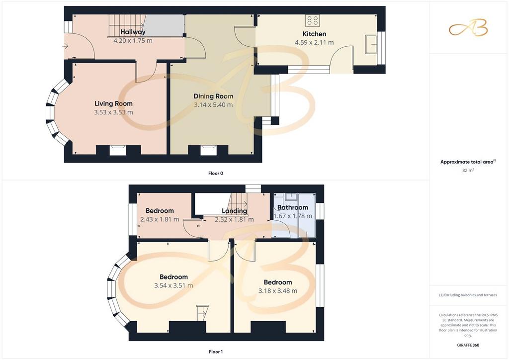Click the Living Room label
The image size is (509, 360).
(113, 103)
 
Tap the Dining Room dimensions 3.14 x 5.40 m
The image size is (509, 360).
(213, 105)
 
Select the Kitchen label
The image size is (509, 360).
(314, 34)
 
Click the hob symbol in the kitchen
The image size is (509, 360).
(312, 20)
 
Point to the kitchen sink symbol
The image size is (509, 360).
(371, 44)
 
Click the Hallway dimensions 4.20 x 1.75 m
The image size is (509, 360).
(133, 41)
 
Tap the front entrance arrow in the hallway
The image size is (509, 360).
(65, 46)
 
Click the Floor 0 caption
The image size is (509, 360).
(216, 174)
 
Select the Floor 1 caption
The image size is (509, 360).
(216, 352)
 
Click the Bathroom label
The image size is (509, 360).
(292, 207)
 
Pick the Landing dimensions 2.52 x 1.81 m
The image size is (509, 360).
(234, 219)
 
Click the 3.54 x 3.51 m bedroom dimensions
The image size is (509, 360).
(173, 285)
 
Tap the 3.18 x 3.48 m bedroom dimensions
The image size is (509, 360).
(277, 291)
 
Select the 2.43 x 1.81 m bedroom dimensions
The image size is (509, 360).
(160, 219)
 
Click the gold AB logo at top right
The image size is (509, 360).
(468, 28)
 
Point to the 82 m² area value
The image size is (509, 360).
(468, 170)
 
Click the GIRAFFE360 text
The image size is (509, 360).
(468, 345)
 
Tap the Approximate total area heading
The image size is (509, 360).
(468, 162)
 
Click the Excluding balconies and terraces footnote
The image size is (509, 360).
(468, 295)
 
